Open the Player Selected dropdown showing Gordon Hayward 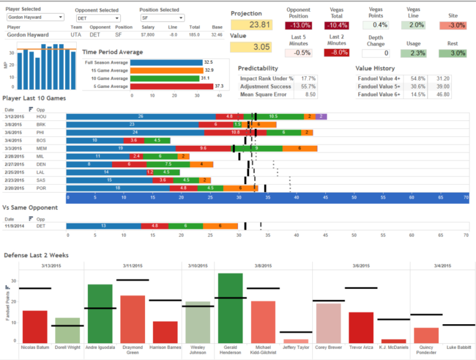click(35, 18)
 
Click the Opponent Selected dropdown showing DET click(97, 19)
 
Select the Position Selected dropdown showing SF click(160, 19)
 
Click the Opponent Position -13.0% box click(299, 25)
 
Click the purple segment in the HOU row click(321, 116)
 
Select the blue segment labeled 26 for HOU click(141, 116)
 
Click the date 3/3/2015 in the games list click(13, 148)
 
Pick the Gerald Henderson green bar click(231, 308)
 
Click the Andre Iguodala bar click(100, 314)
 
